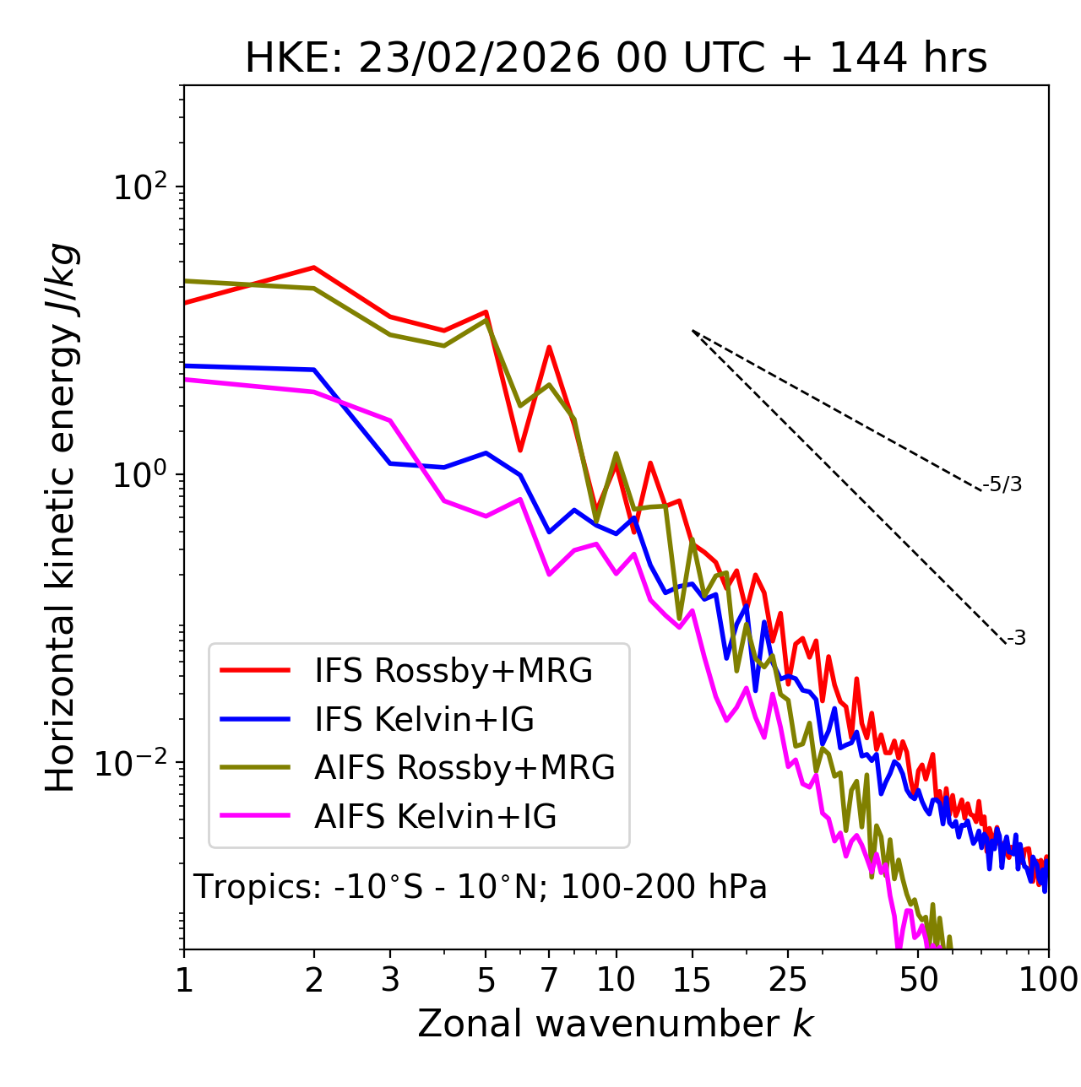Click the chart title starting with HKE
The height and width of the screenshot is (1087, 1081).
pos(616,59)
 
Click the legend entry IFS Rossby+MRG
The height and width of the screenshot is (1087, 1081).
pos(453,671)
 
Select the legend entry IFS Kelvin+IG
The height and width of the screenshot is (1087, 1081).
pos(424,720)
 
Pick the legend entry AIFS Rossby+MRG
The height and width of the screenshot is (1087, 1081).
pos(464,768)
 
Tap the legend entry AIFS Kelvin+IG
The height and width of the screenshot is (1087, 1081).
pos(435,817)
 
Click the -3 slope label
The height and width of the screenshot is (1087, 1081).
pos(1016,638)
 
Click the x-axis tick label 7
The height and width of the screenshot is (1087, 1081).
pos(549,980)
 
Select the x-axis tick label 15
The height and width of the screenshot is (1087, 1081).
pos(692,980)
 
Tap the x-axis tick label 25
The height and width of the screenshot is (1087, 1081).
pos(788,980)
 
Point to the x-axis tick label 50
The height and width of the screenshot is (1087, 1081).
pos(918,980)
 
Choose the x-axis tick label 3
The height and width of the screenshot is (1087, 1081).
pos(390,980)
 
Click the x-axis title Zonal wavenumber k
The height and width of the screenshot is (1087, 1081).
pos(616,1024)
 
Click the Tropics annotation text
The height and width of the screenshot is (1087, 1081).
pos(480,887)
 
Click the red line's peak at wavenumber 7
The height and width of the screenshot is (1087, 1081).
pos(549,347)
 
